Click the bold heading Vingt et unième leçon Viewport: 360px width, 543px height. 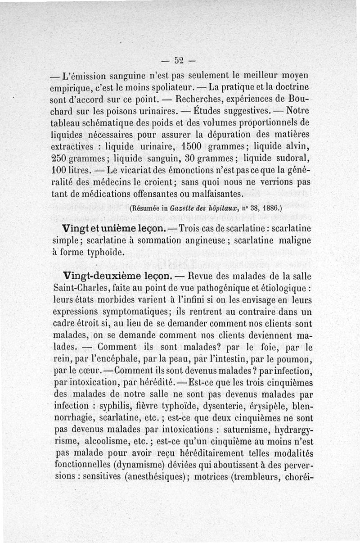click(112, 228)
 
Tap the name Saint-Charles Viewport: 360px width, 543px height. click(85, 287)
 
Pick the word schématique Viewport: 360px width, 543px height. click(105, 122)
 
